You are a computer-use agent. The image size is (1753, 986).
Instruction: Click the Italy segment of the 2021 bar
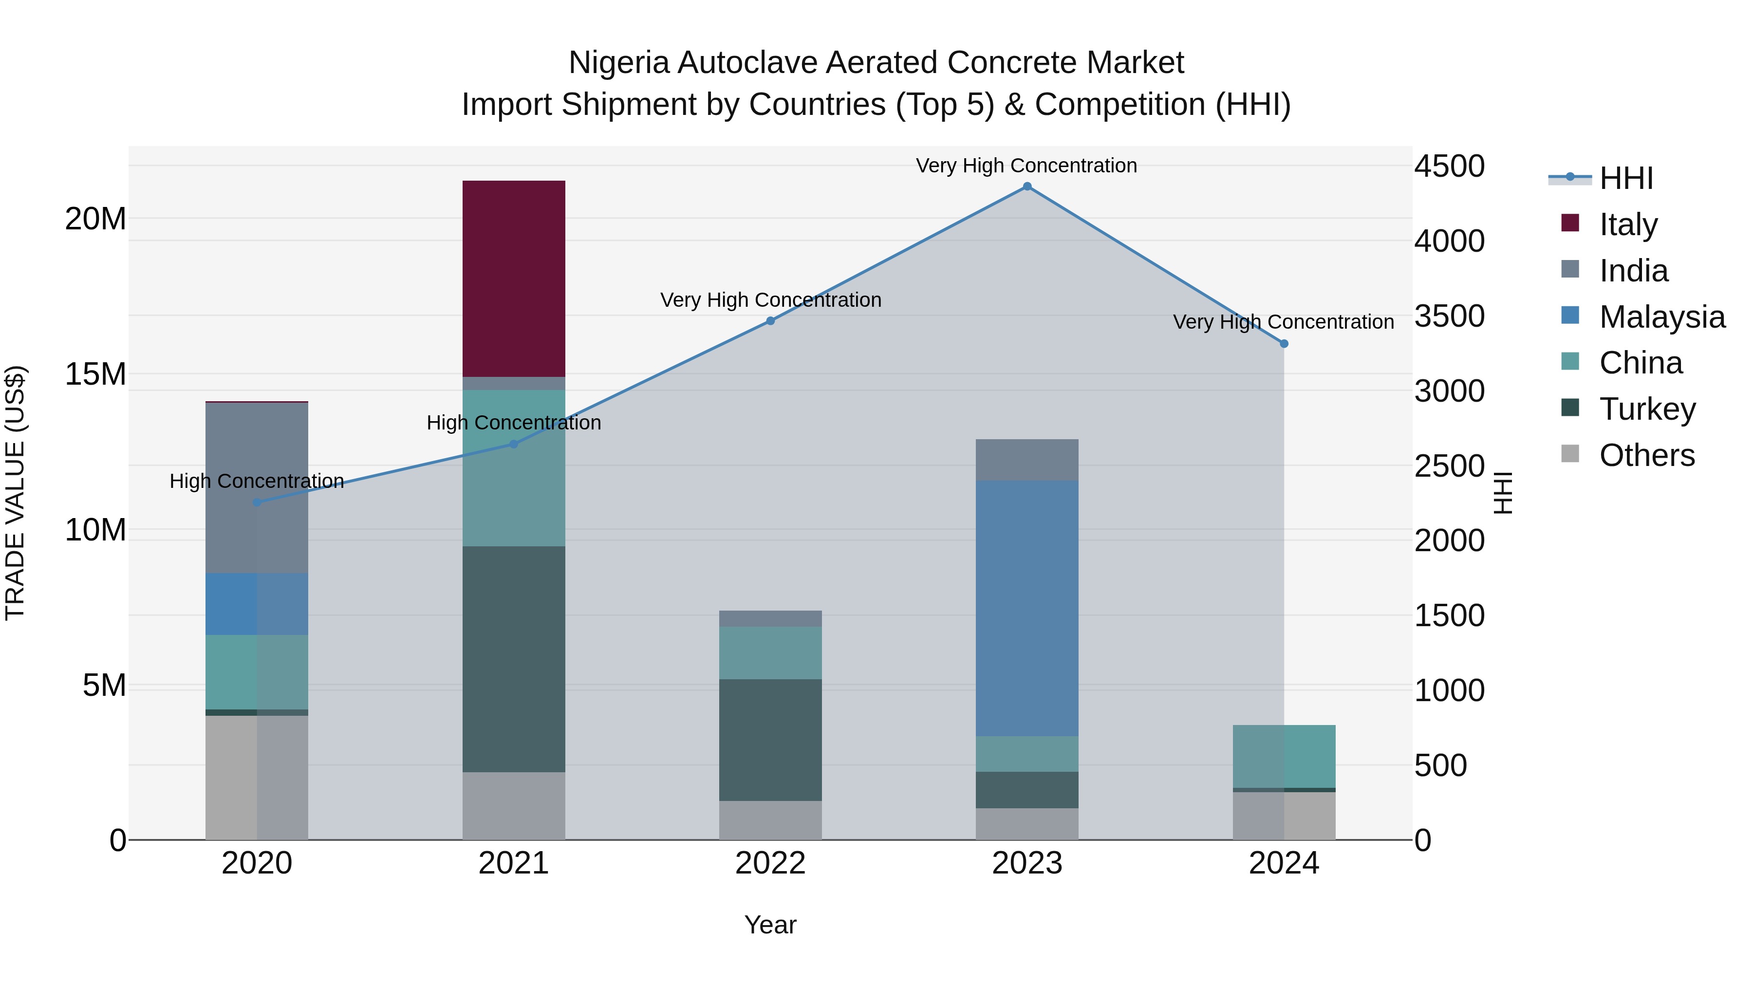(x=514, y=279)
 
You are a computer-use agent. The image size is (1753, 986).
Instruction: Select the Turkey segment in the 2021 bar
(x=514, y=659)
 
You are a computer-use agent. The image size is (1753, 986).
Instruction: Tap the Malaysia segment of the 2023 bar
(x=1027, y=608)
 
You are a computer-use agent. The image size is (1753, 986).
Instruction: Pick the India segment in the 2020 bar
(x=257, y=488)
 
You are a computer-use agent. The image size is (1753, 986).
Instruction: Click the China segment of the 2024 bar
(x=1284, y=756)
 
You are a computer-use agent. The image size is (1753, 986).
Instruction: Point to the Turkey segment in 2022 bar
(x=770, y=740)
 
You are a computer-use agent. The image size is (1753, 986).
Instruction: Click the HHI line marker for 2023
(x=1027, y=186)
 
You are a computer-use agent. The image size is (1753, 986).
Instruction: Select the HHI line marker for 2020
(x=257, y=502)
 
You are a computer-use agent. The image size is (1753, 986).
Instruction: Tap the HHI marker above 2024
(x=1284, y=344)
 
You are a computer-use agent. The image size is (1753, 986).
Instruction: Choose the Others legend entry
(x=1646, y=455)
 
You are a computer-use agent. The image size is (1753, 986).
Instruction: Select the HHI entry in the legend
(x=1626, y=178)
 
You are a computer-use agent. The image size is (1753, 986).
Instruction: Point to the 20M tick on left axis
(x=95, y=219)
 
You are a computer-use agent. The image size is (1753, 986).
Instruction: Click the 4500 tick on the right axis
(x=1450, y=166)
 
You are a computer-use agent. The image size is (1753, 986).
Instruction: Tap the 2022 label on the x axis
(x=770, y=863)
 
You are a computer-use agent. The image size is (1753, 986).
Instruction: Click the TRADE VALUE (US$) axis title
(x=15, y=493)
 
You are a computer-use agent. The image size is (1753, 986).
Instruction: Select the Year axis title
(x=770, y=925)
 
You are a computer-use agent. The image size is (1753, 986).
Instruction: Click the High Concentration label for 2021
(x=514, y=423)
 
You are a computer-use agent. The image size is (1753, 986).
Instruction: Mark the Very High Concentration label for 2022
(x=770, y=300)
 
